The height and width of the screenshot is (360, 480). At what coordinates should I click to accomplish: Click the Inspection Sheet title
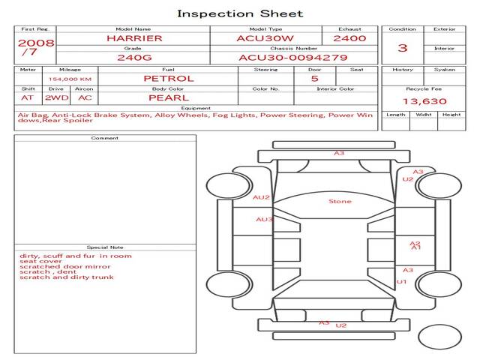pos(240,13)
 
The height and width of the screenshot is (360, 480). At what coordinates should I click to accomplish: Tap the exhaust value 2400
pos(349,37)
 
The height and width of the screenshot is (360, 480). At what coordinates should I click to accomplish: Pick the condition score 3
pos(402,47)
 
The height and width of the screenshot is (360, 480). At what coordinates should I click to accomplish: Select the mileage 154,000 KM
pos(70,79)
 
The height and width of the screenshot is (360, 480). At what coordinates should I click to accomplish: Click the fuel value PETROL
pos(168,78)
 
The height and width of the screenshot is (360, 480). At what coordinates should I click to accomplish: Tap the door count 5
pos(314,78)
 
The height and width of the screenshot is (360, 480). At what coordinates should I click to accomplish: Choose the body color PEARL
pos(168,97)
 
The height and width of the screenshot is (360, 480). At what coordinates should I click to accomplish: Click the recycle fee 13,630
pos(424,101)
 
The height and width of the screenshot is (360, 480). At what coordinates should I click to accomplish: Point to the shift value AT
pos(27,97)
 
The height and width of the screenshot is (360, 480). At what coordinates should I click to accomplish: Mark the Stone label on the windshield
pos(340,201)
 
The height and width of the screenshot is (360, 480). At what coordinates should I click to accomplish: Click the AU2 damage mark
pos(261,197)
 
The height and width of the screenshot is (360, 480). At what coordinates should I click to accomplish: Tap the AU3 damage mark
pos(264,220)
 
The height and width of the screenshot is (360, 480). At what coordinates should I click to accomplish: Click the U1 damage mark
pos(401,282)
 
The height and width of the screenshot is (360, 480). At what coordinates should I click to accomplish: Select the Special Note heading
pos(105,247)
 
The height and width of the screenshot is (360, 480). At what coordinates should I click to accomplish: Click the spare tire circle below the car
pos(439,335)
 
